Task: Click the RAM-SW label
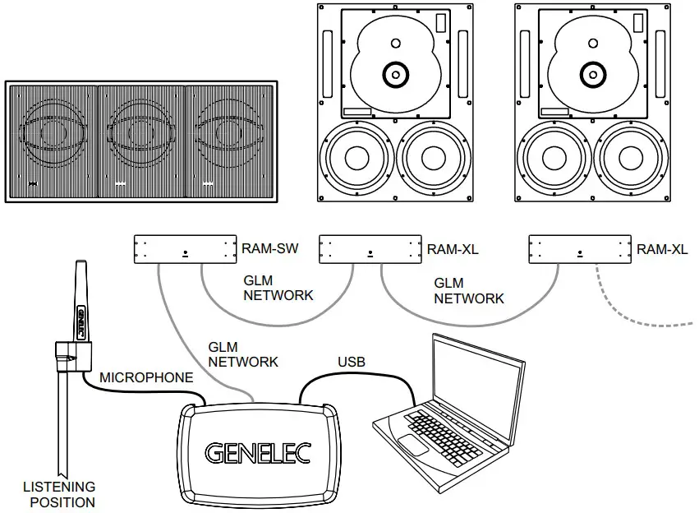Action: [266, 248]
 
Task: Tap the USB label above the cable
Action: [352, 361]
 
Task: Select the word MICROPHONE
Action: [146, 378]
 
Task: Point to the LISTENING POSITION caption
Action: [58, 494]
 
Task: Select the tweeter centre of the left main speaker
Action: [395, 75]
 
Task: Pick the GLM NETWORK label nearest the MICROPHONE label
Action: [243, 354]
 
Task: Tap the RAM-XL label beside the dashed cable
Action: [662, 248]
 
